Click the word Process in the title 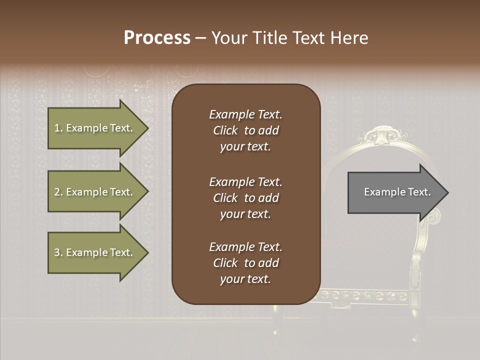pos(157,38)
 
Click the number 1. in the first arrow pos(58,128)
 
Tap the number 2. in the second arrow pos(58,192)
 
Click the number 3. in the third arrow pos(58,252)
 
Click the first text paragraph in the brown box pos(245,130)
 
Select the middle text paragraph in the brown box pos(245,197)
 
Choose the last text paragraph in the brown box pos(245,263)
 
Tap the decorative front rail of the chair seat pos(365,295)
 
